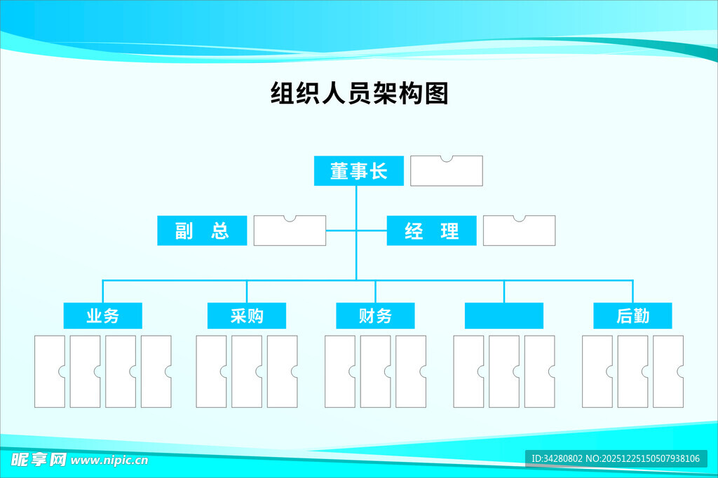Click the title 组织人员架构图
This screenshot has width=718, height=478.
point(359,93)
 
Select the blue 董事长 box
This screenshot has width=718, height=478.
point(358,171)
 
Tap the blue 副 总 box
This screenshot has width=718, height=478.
point(202,231)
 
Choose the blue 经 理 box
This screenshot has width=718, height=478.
point(431,231)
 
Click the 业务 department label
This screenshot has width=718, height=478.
point(102,316)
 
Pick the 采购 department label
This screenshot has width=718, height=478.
point(246,316)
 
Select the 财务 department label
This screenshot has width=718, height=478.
point(375,316)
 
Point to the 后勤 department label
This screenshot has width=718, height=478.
point(632,316)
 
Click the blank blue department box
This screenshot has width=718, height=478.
point(503,316)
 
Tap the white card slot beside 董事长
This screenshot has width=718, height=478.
point(447,172)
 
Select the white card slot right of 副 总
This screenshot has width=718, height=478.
point(290,231)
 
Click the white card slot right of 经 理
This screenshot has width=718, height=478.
point(520,231)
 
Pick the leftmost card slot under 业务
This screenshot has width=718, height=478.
point(49,371)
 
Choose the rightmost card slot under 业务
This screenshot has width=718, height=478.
point(156,371)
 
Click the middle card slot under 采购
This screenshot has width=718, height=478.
point(246,371)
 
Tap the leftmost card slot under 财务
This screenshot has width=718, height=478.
point(339,371)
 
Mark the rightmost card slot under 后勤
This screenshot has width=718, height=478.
point(668,371)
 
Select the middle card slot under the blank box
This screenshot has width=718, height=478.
point(503,371)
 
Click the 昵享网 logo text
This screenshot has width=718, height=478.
point(38,460)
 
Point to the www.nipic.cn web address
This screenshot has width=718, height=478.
point(109,460)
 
